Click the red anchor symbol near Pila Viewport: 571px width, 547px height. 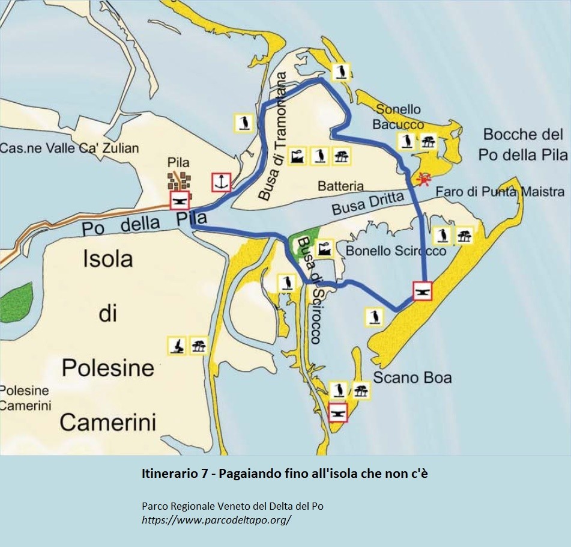coord(221,182)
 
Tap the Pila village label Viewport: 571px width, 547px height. coord(179,162)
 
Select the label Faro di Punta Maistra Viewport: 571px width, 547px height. coord(500,192)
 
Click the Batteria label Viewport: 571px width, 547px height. coord(341,186)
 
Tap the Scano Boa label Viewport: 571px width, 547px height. coord(412,378)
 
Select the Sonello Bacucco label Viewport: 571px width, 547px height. coord(398,117)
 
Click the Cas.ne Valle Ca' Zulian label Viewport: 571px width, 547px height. coord(69,148)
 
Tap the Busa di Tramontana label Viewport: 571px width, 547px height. coord(275,136)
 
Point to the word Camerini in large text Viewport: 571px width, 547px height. coord(108,422)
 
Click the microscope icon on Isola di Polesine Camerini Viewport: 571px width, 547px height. coord(176,346)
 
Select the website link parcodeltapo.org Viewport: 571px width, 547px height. coord(216,520)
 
